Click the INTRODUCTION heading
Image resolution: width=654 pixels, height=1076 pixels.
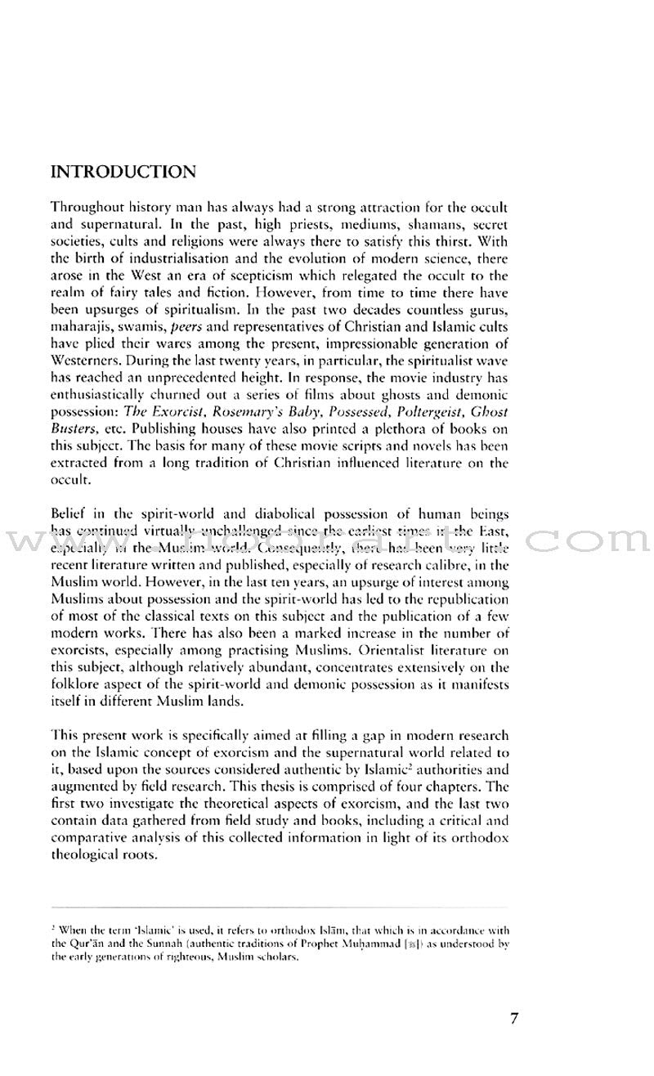click(x=123, y=173)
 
